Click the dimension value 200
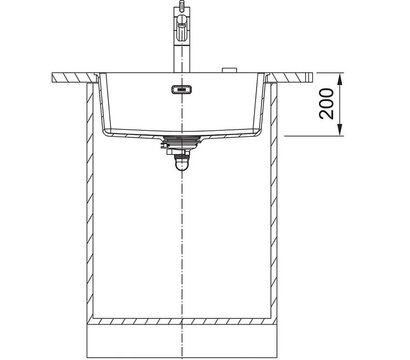[326, 104]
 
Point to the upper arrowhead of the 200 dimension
[339, 79]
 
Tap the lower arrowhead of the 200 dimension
[339, 129]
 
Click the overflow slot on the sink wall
[182, 89]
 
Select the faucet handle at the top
[182, 25]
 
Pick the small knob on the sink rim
[229, 70]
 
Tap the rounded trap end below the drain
[182, 164]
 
